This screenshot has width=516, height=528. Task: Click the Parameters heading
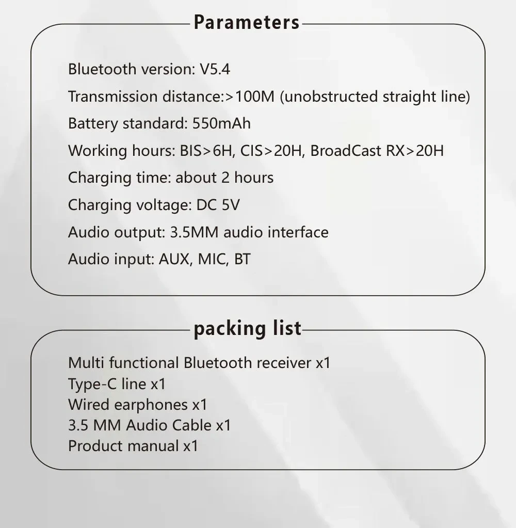tap(247, 23)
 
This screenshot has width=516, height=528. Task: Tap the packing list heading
tap(247, 328)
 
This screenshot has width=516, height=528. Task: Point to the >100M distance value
tap(250, 97)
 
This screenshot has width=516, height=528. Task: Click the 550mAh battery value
tap(221, 124)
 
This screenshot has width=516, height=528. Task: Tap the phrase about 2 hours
tap(224, 178)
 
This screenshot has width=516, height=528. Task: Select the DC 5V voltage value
tap(218, 205)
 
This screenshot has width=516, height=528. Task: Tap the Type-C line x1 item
tap(117, 384)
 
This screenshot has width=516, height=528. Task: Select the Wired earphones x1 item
tap(137, 405)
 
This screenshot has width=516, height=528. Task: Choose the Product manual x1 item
tap(133, 446)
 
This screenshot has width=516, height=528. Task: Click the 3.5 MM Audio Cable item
tap(149, 425)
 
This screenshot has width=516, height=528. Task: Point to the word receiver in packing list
tap(284, 363)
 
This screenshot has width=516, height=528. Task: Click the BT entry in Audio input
tap(243, 259)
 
